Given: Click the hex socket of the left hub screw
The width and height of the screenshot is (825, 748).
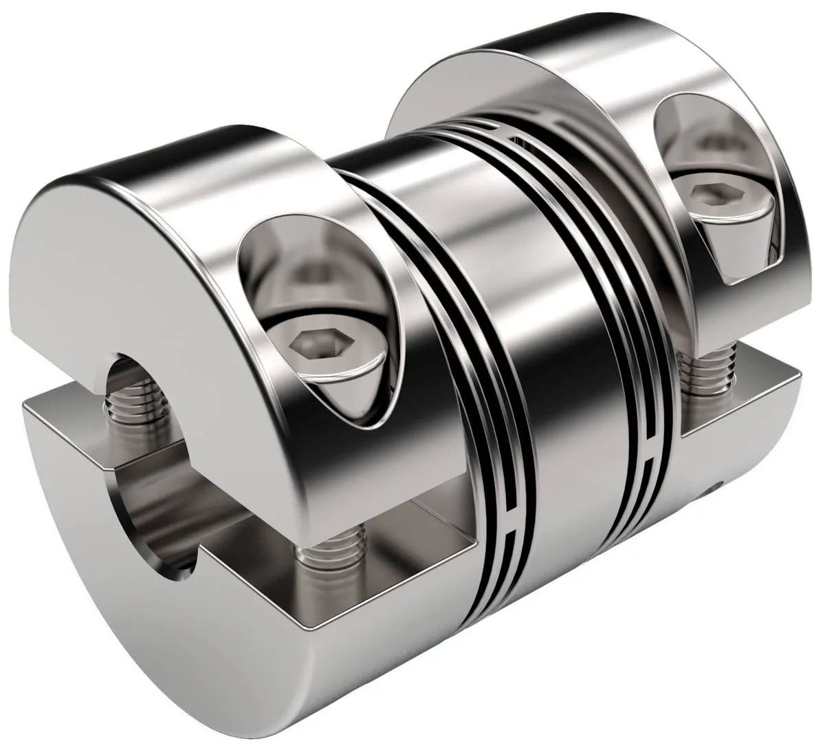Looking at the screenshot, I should coord(308,341).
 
